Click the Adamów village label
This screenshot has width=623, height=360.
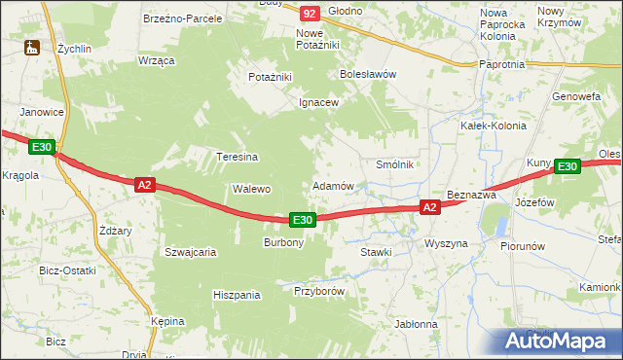coord(332,185)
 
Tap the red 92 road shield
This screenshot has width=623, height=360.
coord(310,13)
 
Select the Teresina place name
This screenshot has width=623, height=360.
coord(237,157)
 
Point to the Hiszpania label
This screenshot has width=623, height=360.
coord(237,294)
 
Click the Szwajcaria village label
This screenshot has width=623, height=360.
coord(190,251)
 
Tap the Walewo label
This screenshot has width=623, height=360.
coord(251,189)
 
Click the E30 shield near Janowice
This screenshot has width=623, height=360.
coord(41,147)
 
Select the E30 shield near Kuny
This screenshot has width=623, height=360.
coord(568,167)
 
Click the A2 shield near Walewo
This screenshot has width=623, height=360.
coord(144,185)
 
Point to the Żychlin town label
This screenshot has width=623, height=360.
coord(73,47)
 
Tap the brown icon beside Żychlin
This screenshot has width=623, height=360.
coord(32,47)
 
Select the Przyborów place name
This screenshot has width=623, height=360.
coord(319,290)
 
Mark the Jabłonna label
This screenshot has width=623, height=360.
coord(416,324)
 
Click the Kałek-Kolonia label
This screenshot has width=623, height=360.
coord(493,126)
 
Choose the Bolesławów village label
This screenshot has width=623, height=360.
coord(367,73)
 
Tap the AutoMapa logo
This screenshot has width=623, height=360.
coord(561,341)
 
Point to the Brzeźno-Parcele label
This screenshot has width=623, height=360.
coord(182,18)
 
